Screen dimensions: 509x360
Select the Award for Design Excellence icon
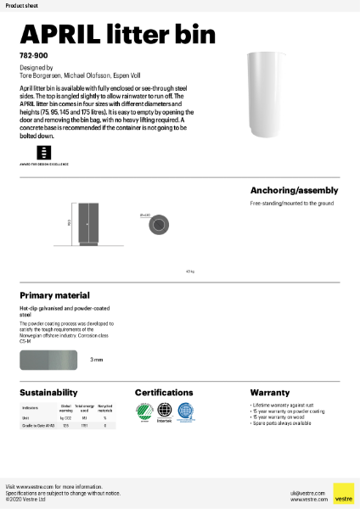(43, 153)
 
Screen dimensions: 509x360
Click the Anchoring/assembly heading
(294, 190)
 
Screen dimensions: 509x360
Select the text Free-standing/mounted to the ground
(291, 204)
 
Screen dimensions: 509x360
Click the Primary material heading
(54, 295)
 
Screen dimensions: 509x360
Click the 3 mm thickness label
(97, 359)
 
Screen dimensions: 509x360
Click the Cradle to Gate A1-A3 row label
(38, 426)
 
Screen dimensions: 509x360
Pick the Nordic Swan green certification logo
(144, 411)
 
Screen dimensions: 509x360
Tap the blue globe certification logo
(185, 411)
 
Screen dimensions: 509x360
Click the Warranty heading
(270, 393)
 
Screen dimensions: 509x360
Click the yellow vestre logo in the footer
(343, 494)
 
